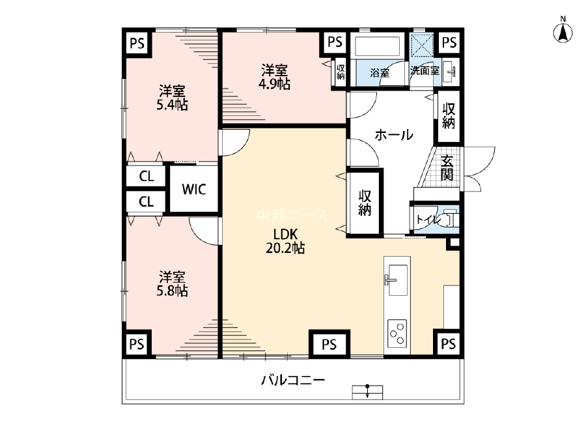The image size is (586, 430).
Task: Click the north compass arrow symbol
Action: (563, 31)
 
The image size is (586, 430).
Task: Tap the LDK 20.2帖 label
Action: (285, 241)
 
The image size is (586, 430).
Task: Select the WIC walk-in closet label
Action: (194, 189)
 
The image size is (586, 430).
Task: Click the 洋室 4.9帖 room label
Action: (274, 77)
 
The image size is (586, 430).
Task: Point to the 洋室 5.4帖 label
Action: (172, 98)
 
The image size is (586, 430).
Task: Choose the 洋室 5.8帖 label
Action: (172, 284)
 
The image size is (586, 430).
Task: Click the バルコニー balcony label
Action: (293, 380)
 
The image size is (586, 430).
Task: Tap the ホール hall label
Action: (394, 135)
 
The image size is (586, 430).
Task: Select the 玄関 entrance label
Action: (447, 167)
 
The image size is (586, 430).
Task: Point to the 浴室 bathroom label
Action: (380, 72)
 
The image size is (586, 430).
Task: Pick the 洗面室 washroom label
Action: (425, 70)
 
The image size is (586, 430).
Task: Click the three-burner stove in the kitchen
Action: (397, 332)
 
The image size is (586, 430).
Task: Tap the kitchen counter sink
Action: (397, 280)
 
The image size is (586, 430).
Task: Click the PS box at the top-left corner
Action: (137, 44)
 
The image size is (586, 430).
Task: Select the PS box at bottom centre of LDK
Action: (329, 344)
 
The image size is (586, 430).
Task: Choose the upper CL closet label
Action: (146, 176)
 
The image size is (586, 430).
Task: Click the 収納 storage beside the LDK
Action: (365, 203)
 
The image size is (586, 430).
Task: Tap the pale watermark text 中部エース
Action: (292, 216)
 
